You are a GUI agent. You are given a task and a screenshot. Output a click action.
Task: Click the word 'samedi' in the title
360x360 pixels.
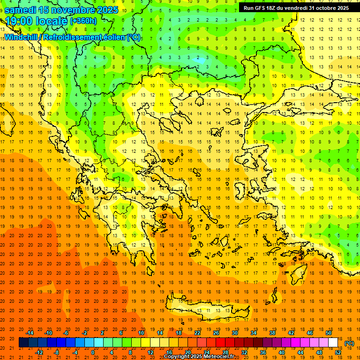[x=20, y=9]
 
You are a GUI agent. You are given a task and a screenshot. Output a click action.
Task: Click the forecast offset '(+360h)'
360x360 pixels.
[x=83, y=21]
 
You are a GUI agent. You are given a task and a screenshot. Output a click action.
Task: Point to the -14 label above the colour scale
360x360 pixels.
[x=30, y=333]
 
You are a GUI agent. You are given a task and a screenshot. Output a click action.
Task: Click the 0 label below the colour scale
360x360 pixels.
[x=93, y=352]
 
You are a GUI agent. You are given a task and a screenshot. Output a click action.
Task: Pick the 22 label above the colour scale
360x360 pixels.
[x=197, y=333]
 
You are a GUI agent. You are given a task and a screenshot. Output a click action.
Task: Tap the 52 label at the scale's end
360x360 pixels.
[x=338, y=352]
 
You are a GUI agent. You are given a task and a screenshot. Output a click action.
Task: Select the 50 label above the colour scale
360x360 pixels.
[x=329, y=333]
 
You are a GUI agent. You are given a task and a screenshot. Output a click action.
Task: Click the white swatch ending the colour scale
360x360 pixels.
[x=333, y=343]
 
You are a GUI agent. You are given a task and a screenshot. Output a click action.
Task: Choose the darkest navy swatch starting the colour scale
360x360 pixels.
[x=24, y=343]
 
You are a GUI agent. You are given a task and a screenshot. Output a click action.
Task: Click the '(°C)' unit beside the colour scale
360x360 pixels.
[x=349, y=343]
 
